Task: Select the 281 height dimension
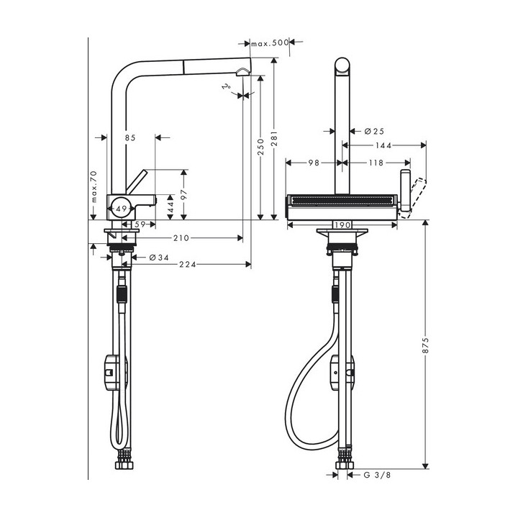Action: point(273,147)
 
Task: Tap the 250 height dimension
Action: point(259,147)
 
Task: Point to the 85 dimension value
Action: point(129,137)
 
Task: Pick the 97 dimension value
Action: point(184,194)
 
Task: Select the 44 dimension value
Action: point(171,206)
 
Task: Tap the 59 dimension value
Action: point(140,224)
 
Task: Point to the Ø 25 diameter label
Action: point(374,131)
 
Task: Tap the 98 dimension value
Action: point(314,163)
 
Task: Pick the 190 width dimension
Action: point(342,224)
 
